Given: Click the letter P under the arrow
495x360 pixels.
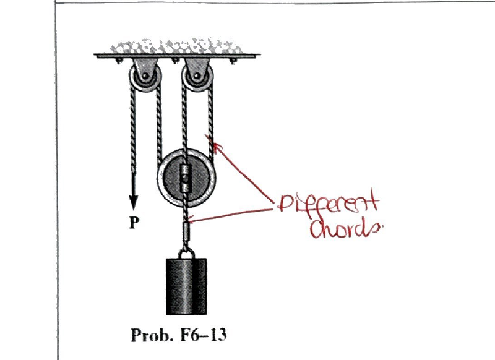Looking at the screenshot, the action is tap(134, 223).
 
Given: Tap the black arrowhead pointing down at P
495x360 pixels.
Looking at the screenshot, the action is tap(134, 202).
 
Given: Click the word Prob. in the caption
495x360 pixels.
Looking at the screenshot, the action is tap(152, 335).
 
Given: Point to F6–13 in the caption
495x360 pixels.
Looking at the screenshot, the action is tap(204, 335).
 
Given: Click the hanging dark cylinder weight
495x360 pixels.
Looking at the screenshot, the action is tap(187, 286).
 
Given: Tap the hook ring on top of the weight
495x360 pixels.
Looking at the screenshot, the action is tap(186, 254).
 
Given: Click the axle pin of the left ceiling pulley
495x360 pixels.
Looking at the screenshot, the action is tap(145, 75).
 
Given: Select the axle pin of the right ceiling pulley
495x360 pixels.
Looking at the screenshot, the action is tap(197, 75).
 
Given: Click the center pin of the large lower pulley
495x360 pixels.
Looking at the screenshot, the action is tap(186, 179).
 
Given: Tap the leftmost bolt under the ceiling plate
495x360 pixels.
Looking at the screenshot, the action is tap(119, 61).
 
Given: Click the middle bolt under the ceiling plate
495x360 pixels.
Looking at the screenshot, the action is tap(175, 61).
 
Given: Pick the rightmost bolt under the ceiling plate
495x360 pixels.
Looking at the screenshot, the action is tap(233, 61).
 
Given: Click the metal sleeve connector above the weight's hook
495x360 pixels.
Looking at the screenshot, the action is tap(186, 231).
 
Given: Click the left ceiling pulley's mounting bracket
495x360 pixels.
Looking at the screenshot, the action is tap(145, 69).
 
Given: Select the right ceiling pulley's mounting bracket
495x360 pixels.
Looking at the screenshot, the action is tap(197, 69).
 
